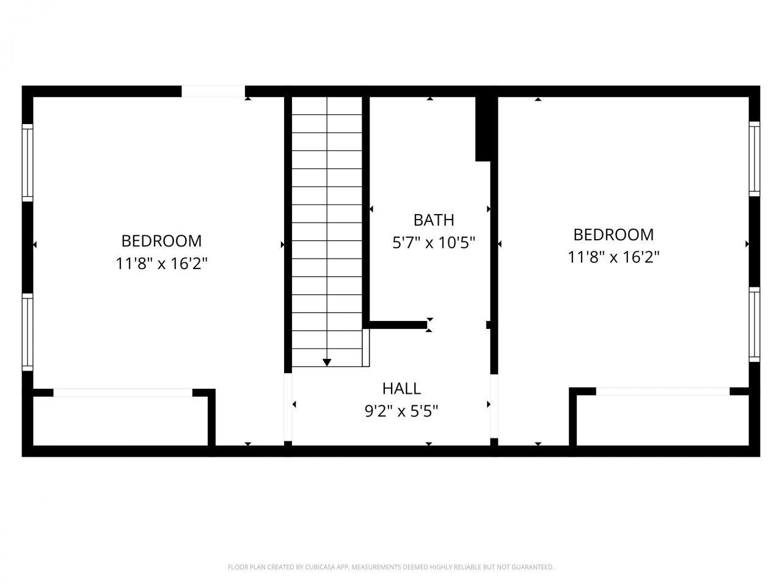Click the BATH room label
(x=433, y=220)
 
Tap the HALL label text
(x=401, y=388)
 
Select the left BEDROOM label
(x=161, y=241)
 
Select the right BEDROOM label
(x=613, y=235)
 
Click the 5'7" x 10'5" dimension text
(x=433, y=243)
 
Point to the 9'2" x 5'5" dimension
(x=401, y=412)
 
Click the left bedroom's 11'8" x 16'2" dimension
(x=161, y=264)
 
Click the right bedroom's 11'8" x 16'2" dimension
(x=613, y=257)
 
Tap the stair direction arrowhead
(x=327, y=362)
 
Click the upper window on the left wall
(x=27, y=162)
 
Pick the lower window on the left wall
(x=27, y=331)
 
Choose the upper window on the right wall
(x=755, y=158)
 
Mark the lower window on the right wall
(x=755, y=324)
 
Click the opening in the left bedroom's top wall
(x=213, y=92)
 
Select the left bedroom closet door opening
(x=123, y=393)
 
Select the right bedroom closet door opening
(x=663, y=391)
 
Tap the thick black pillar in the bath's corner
(x=484, y=128)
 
